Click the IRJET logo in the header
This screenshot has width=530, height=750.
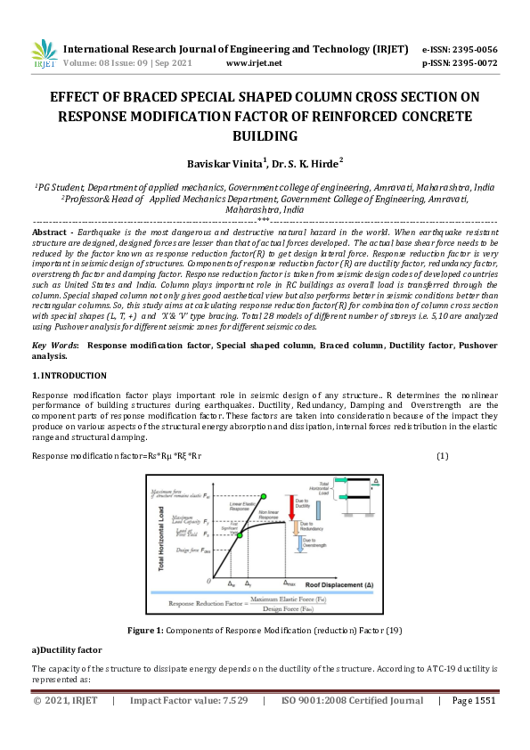(x=44, y=56)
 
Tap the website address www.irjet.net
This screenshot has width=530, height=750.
(x=255, y=63)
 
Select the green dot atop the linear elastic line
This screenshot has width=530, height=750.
(x=262, y=495)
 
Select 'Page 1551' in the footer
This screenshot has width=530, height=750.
(x=473, y=726)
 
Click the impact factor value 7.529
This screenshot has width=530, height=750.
(x=231, y=726)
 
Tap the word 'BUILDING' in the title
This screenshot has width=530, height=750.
(x=265, y=135)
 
